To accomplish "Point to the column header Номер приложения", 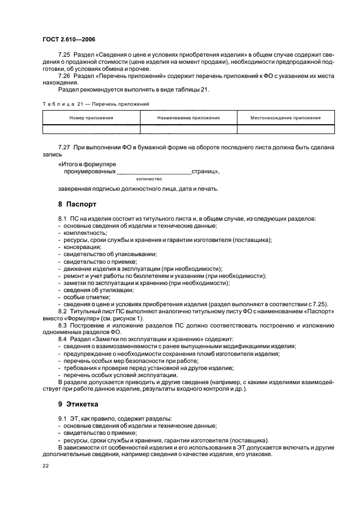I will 91,118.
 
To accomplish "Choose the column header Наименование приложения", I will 188,118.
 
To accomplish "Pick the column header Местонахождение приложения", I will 285,118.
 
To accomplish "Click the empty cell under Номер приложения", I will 91,129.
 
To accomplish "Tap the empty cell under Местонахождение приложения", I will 285,129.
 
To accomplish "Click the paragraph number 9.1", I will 63,418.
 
